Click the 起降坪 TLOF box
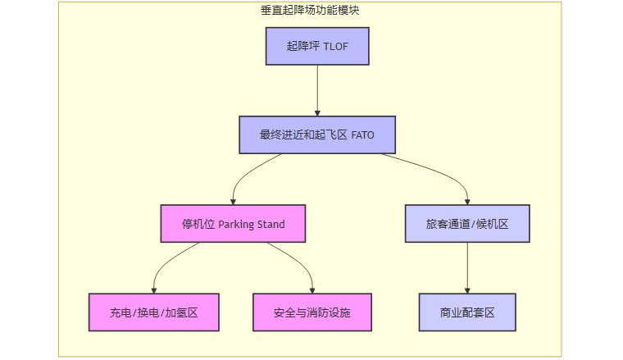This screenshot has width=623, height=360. [317, 46]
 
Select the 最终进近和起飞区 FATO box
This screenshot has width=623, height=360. [316, 134]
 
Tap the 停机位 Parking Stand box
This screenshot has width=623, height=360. [234, 224]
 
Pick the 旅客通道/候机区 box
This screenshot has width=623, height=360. [467, 224]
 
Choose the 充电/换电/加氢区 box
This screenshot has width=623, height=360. [153, 312]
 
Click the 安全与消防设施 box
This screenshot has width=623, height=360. [312, 312]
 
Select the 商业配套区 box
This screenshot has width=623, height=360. [467, 312]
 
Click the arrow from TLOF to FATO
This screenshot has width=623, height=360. [317, 90]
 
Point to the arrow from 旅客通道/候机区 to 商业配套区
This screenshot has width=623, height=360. [467, 267]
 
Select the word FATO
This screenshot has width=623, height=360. [362, 134]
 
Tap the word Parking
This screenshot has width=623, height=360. [238, 224]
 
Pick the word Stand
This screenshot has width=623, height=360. [273, 224]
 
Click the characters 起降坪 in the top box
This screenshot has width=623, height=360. [301, 46]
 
